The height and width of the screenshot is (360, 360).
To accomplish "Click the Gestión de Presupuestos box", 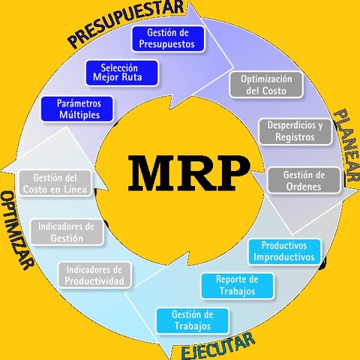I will pos(168,38).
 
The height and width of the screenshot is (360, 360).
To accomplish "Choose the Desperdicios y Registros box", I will pos(295,131).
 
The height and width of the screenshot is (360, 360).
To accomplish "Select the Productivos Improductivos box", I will pos(286,251).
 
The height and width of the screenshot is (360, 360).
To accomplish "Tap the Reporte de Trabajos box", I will pos(236,285).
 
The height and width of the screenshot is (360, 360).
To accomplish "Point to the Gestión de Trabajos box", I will pos(193,320).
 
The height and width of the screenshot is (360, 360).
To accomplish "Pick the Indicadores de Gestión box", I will pos(67,232).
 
